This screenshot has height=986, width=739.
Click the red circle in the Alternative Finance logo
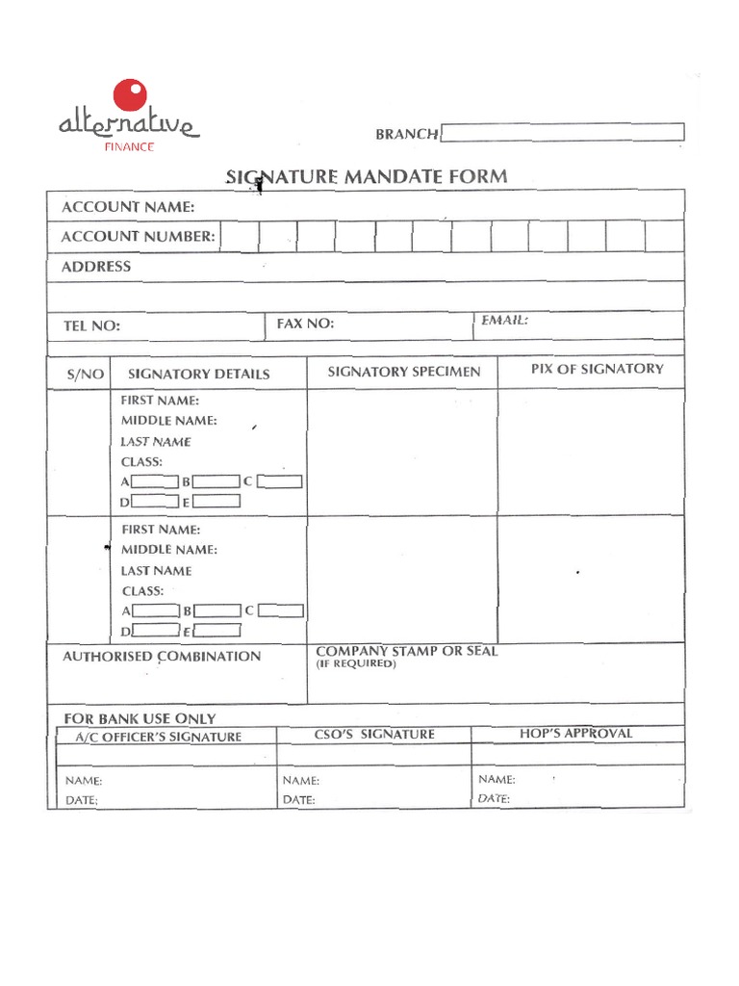(x=131, y=96)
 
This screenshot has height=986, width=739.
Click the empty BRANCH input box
(x=563, y=133)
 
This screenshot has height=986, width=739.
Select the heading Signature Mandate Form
(x=366, y=177)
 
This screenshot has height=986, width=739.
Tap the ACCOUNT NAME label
(x=128, y=207)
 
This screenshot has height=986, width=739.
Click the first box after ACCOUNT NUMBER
(x=240, y=236)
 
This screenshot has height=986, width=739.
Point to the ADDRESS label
(x=96, y=267)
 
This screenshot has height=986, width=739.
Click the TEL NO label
(x=92, y=326)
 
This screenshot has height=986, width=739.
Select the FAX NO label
(x=305, y=324)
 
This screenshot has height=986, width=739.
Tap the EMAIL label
(x=505, y=321)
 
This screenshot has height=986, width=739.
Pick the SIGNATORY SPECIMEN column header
(x=404, y=372)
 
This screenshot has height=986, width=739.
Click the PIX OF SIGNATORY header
(x=597, y=369)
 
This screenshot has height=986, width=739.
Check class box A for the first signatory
(x=155, y=481)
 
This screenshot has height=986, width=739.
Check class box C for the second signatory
(x=281, y=610)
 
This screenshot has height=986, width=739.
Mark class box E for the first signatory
(x=221, y=502)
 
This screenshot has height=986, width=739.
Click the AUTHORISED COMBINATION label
(x=162, y=657)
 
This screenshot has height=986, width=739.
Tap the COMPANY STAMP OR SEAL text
(x=407, y=652)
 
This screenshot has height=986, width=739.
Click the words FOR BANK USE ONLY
(x=140, y=718)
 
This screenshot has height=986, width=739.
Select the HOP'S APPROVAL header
(x=576, y=734)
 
